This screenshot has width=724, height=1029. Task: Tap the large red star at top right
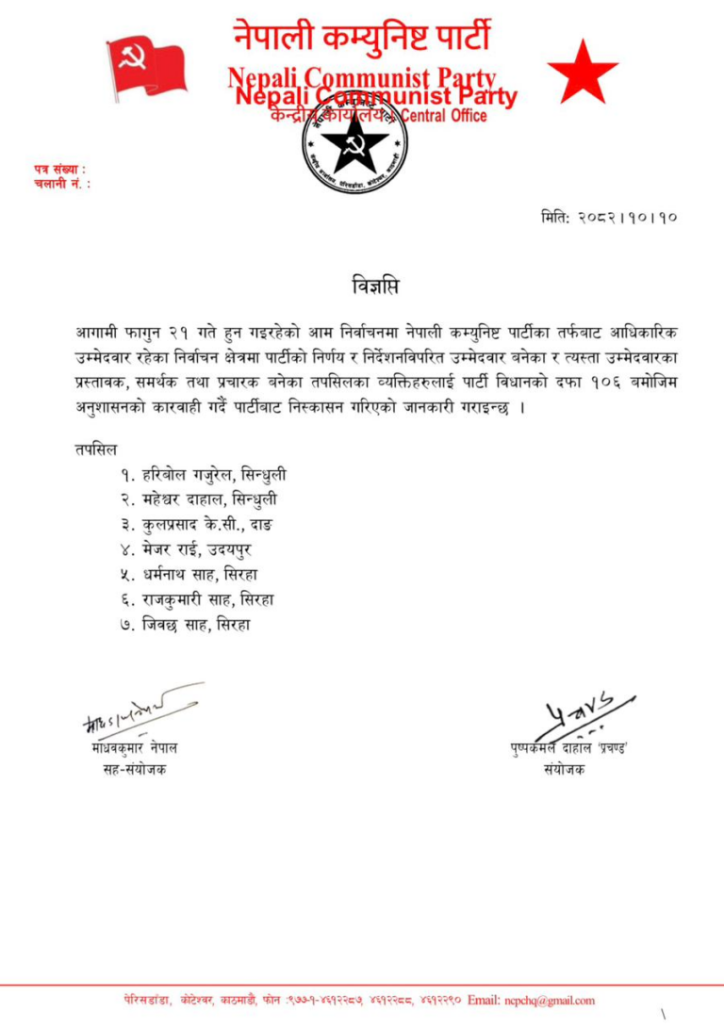click(x=582, y=73)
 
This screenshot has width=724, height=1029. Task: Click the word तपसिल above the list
click(x=98, y=451)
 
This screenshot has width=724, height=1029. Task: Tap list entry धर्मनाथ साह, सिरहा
click(x=196, y=574)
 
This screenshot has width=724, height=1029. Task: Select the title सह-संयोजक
click(x=131, y=770)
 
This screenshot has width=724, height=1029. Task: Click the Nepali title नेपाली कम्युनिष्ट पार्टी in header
click(x=362, y=38)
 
